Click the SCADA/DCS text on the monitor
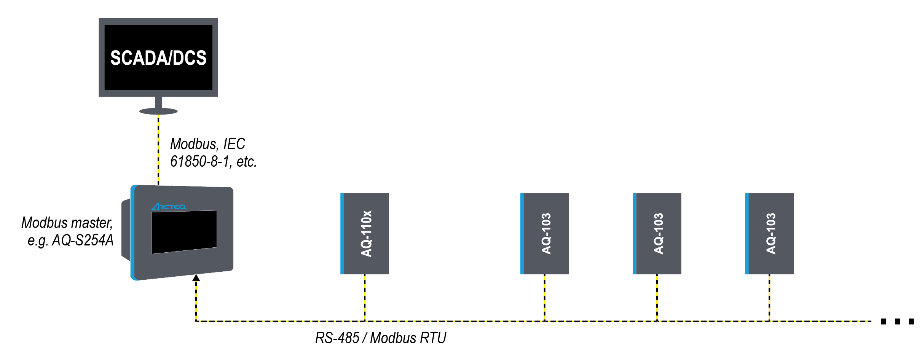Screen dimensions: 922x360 (x=158, y=58)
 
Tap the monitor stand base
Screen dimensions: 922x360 (x=158, y=111)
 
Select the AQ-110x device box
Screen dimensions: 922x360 (x=365, y=234)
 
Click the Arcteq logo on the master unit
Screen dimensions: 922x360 (x=169, y=207)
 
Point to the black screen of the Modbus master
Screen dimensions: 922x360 (x=184, y=232)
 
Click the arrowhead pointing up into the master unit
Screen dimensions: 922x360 (x=196, y=278)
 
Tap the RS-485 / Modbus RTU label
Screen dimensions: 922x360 (x=381, y=338)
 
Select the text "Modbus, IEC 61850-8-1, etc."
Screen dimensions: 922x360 (x=213, y=153)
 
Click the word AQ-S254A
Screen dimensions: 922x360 (x=83, y=241)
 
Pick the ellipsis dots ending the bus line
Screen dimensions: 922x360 (x=897, y=322)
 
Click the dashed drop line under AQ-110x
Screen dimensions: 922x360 (x=365, y=298)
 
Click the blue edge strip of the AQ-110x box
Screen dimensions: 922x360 (x=342, y=234)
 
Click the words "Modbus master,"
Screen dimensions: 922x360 (x=67, y=223)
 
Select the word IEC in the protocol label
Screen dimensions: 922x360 (x=234, y=144)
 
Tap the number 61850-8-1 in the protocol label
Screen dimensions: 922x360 (x=199, y=162)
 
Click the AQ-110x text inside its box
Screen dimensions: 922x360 (x=366, y=234)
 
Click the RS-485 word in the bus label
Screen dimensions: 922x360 (x=337, y=338)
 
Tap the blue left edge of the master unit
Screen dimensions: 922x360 (x=133, y=233)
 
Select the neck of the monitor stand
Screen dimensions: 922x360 (x=158, y=103)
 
